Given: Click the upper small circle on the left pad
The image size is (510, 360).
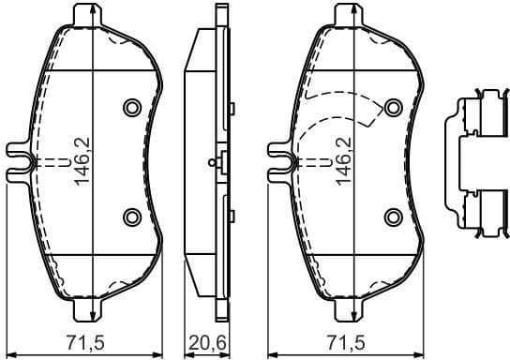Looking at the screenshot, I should click(x=131, y=105).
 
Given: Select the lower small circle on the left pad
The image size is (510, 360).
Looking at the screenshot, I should click(x=131, y=217).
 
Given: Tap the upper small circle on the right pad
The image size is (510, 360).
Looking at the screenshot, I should click(x=393, y=105).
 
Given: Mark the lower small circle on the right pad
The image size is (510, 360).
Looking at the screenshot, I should click(x=393, y=217).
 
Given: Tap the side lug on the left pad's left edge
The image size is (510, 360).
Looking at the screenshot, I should click(x=17, y=154).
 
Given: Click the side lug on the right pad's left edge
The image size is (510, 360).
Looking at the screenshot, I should click(x=278, y=154).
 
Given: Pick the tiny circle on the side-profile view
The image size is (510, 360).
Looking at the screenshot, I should click(x=215, y=161).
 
